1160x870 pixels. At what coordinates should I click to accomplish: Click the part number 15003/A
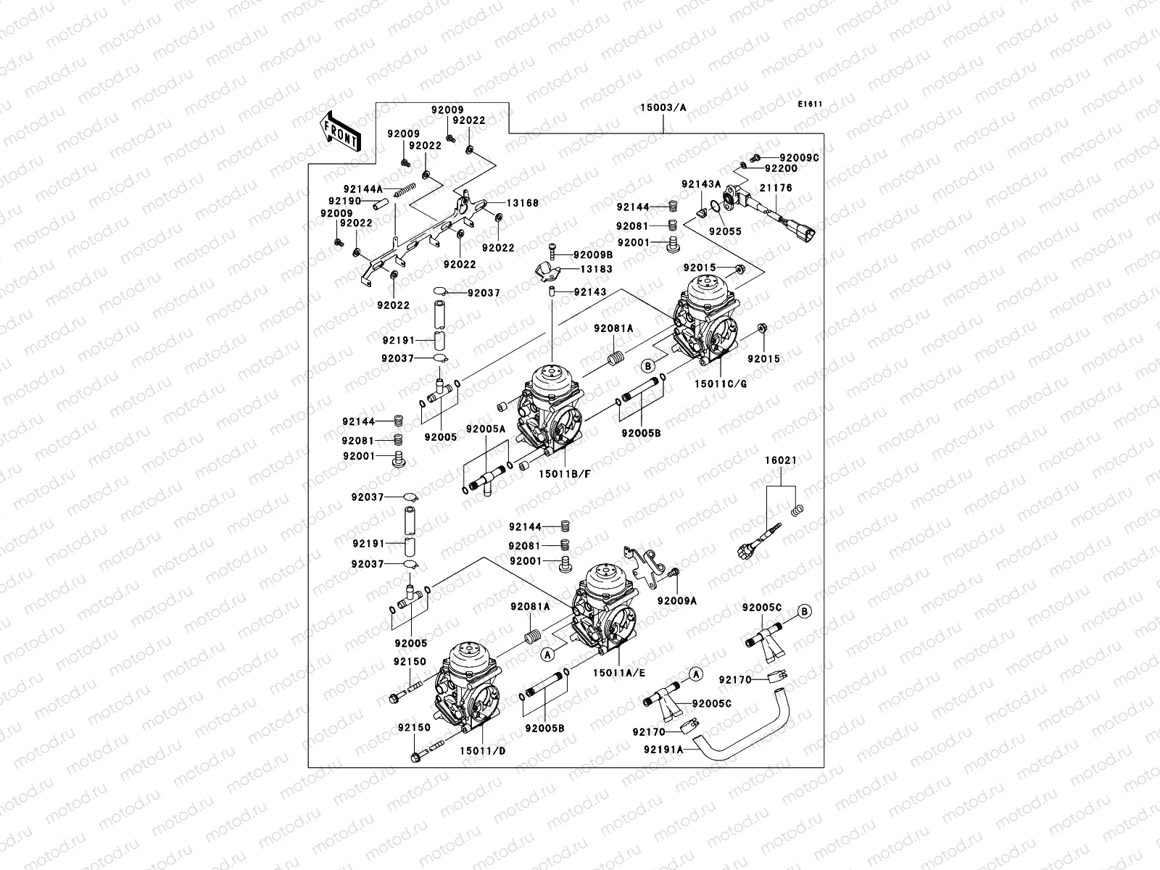pos(663,107)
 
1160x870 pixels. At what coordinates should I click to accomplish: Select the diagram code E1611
pos(810,104)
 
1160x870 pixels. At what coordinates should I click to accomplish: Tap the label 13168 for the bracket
pos(522,204)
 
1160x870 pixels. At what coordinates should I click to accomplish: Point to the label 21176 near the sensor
pos(776,188)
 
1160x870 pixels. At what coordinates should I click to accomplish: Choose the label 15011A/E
pos(618,673)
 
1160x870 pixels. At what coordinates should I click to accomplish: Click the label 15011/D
pos(482,751)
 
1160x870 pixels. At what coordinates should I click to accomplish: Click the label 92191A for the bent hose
pos(663,750)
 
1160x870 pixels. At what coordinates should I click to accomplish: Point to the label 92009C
pos(799,157)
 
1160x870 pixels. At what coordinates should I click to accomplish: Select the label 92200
pos(780,168)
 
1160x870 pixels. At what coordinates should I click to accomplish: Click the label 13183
pos(595,269)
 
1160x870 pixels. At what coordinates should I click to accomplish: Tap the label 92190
pos(344,200)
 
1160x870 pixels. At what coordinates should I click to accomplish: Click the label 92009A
pos(676,600)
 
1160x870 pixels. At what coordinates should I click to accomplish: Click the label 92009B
pos(592,255)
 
